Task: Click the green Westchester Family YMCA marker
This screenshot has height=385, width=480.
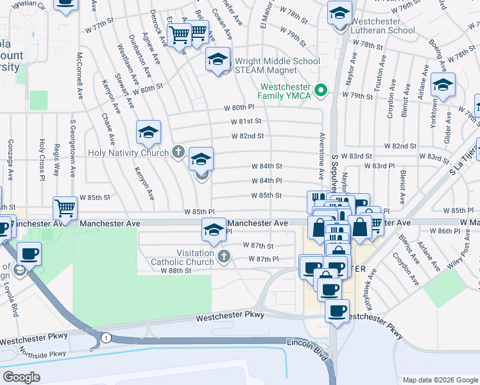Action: [323, 90]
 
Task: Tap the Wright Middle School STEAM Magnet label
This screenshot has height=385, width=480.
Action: [277, 65]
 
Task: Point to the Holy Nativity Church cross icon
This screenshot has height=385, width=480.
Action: [178, 152]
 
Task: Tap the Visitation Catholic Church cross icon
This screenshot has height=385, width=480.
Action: [224, 257]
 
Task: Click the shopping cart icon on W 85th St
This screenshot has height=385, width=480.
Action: [65, 208]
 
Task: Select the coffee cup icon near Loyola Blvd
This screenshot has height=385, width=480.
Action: [29, 254]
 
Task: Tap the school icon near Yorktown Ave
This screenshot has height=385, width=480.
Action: [443, 85]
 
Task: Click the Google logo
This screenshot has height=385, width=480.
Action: [21, 377]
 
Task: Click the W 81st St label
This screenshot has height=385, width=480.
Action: [246, 121]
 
